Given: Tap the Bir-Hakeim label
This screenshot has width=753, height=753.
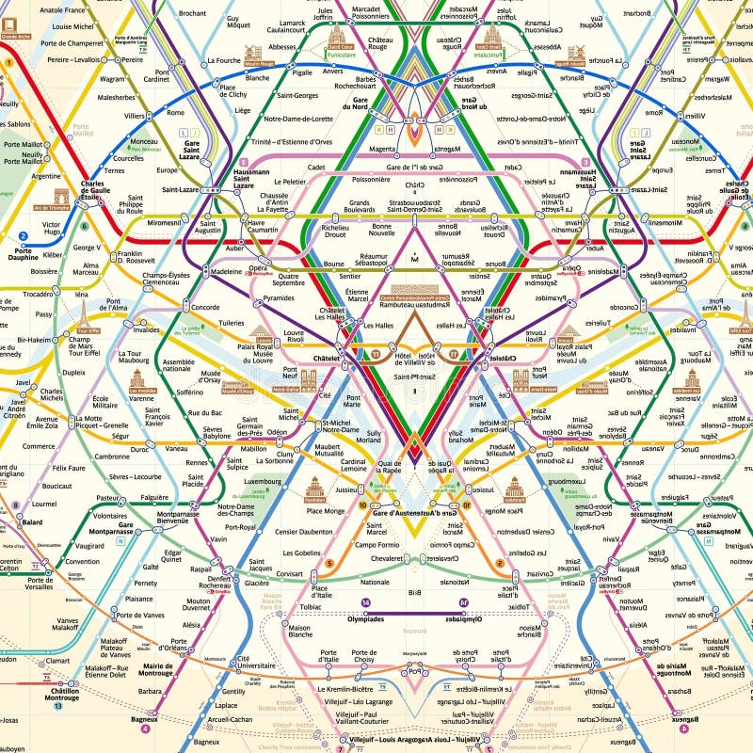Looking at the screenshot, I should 34,340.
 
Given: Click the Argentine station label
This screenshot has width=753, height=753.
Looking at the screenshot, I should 45,176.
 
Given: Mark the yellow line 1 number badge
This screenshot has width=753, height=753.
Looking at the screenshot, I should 8,62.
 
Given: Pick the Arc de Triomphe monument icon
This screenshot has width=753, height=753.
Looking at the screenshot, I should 61,197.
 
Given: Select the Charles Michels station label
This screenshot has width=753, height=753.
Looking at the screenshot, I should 51,395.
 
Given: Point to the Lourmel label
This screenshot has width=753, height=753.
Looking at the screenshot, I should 43,504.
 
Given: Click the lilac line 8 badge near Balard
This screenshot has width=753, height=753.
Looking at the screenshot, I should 15,505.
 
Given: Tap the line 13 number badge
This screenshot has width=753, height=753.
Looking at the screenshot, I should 57,706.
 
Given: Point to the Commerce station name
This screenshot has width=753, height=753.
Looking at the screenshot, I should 40,446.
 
